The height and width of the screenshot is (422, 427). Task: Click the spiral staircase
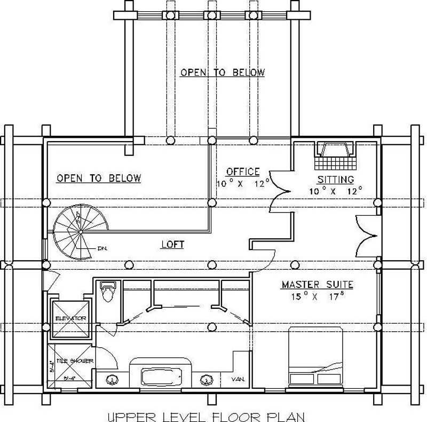click(x=80, y=232)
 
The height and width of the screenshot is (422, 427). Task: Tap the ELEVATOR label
click(x=70, y=318)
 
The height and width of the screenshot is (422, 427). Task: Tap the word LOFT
click(x=172, y=245)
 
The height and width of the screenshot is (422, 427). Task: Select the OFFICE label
click(x=242, y=172)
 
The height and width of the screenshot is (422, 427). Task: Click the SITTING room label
click(x=336, y=179)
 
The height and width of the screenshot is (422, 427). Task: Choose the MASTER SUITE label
click(x=317, y=285)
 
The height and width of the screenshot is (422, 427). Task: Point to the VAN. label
click(x=238, y=379)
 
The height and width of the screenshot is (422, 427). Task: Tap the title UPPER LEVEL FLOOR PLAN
click(x=205, y=415)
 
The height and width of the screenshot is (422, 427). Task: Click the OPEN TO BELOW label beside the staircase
click(x=99, y=178)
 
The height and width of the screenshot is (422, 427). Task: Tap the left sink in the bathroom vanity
click(x=113, y=380)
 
